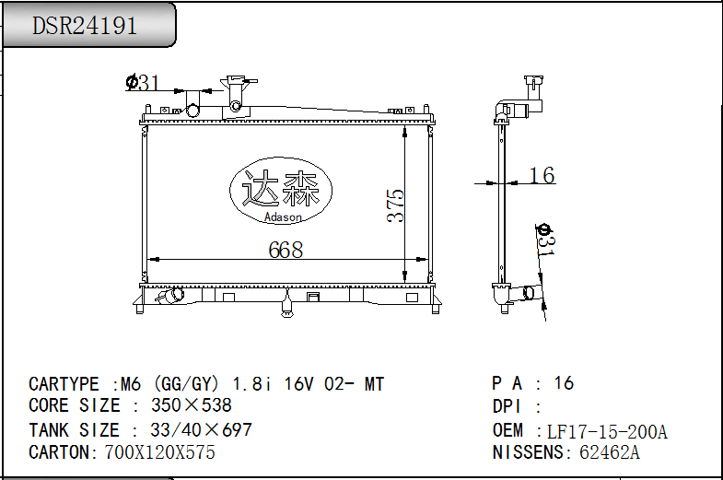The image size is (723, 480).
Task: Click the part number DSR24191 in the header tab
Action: (85, 26)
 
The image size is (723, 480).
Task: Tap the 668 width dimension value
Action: (286, 250)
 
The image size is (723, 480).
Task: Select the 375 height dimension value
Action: (396, 205)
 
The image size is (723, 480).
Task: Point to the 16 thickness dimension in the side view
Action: (542, 175)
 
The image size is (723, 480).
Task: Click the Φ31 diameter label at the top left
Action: (143, 83)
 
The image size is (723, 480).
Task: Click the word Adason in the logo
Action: (283, 217)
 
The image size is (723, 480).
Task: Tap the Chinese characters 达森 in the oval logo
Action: (281, 189)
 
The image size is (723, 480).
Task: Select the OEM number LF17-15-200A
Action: (607, 432)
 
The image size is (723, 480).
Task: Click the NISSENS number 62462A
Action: (610, 452)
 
